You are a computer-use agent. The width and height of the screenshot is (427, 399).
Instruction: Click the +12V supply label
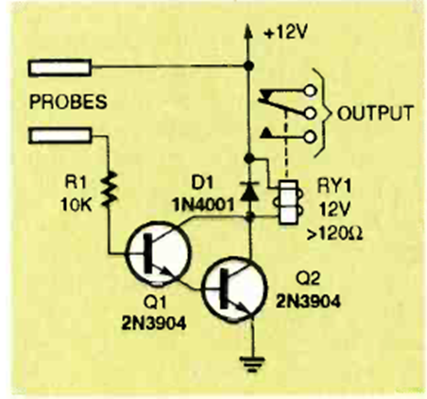click(285, 33)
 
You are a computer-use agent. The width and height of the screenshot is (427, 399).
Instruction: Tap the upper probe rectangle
click(60, 68)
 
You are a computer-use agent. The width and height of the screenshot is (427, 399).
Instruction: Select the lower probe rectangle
click(60, 136)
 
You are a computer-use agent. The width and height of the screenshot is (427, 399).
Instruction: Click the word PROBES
click(68, 102)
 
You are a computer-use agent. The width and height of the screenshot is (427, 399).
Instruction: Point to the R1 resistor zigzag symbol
click(109, 190)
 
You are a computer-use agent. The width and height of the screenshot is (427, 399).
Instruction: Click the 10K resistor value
click(77, 206)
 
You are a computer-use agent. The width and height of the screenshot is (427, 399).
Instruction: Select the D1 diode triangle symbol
click(249, 191)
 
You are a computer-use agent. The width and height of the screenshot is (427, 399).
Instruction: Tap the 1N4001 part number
click(203, 205)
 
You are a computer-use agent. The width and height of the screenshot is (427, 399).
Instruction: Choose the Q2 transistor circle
click(234, 290)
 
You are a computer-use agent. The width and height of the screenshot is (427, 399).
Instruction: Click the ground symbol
click(251, 364)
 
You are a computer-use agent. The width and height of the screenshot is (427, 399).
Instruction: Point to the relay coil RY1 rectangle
click(288, 202)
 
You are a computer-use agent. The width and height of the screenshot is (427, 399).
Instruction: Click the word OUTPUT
click(375, 113)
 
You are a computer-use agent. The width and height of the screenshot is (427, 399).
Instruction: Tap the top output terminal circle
click(310, 91)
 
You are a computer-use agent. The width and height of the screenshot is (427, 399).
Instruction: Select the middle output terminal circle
click(310, 114)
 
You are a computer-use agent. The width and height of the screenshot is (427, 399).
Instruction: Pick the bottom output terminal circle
click(310, 137)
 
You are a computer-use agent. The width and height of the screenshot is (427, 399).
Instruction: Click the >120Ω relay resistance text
click(334, 234)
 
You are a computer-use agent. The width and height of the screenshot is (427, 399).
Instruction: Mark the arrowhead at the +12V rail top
click(249, 31)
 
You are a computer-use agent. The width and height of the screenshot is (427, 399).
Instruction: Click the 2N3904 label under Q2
click(308, 302)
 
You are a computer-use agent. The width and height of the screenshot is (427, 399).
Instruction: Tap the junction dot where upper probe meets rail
click(249, 66)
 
